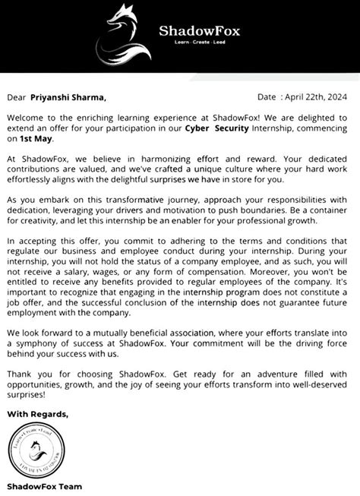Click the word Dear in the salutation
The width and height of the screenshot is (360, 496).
pos(17,97)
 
